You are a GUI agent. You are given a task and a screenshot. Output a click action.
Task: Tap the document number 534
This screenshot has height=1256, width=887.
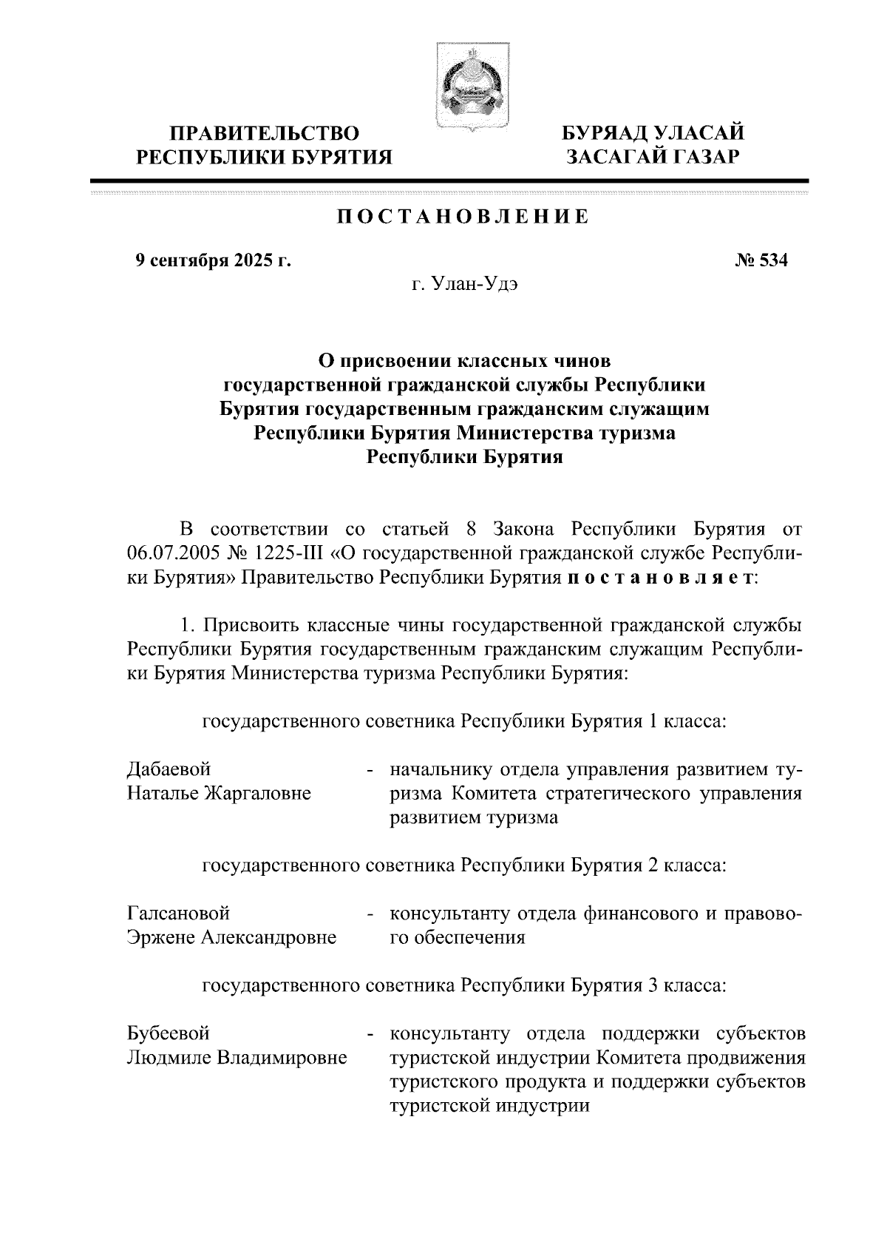(x=762, y=260)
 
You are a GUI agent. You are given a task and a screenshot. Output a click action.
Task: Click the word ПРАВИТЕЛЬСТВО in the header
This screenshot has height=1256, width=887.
(x=265, y=134)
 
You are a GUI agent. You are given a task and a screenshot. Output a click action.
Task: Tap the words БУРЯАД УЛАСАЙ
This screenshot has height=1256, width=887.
(x=653, y=133)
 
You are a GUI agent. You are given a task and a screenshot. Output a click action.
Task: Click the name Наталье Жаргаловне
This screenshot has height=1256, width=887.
(x=219, y=794)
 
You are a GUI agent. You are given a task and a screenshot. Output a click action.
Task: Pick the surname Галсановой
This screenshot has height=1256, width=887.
(x=178, y=914)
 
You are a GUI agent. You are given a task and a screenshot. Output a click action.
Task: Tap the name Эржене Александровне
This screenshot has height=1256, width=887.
(x=231, y=938)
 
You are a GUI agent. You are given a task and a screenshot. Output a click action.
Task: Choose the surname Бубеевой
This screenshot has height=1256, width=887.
(x=169, y=1033)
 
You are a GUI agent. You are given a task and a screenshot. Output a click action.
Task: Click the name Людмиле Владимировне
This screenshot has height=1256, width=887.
(x=237, y=1058)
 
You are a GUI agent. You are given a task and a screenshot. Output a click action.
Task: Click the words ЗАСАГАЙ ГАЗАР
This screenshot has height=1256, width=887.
(x=653, y=157)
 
